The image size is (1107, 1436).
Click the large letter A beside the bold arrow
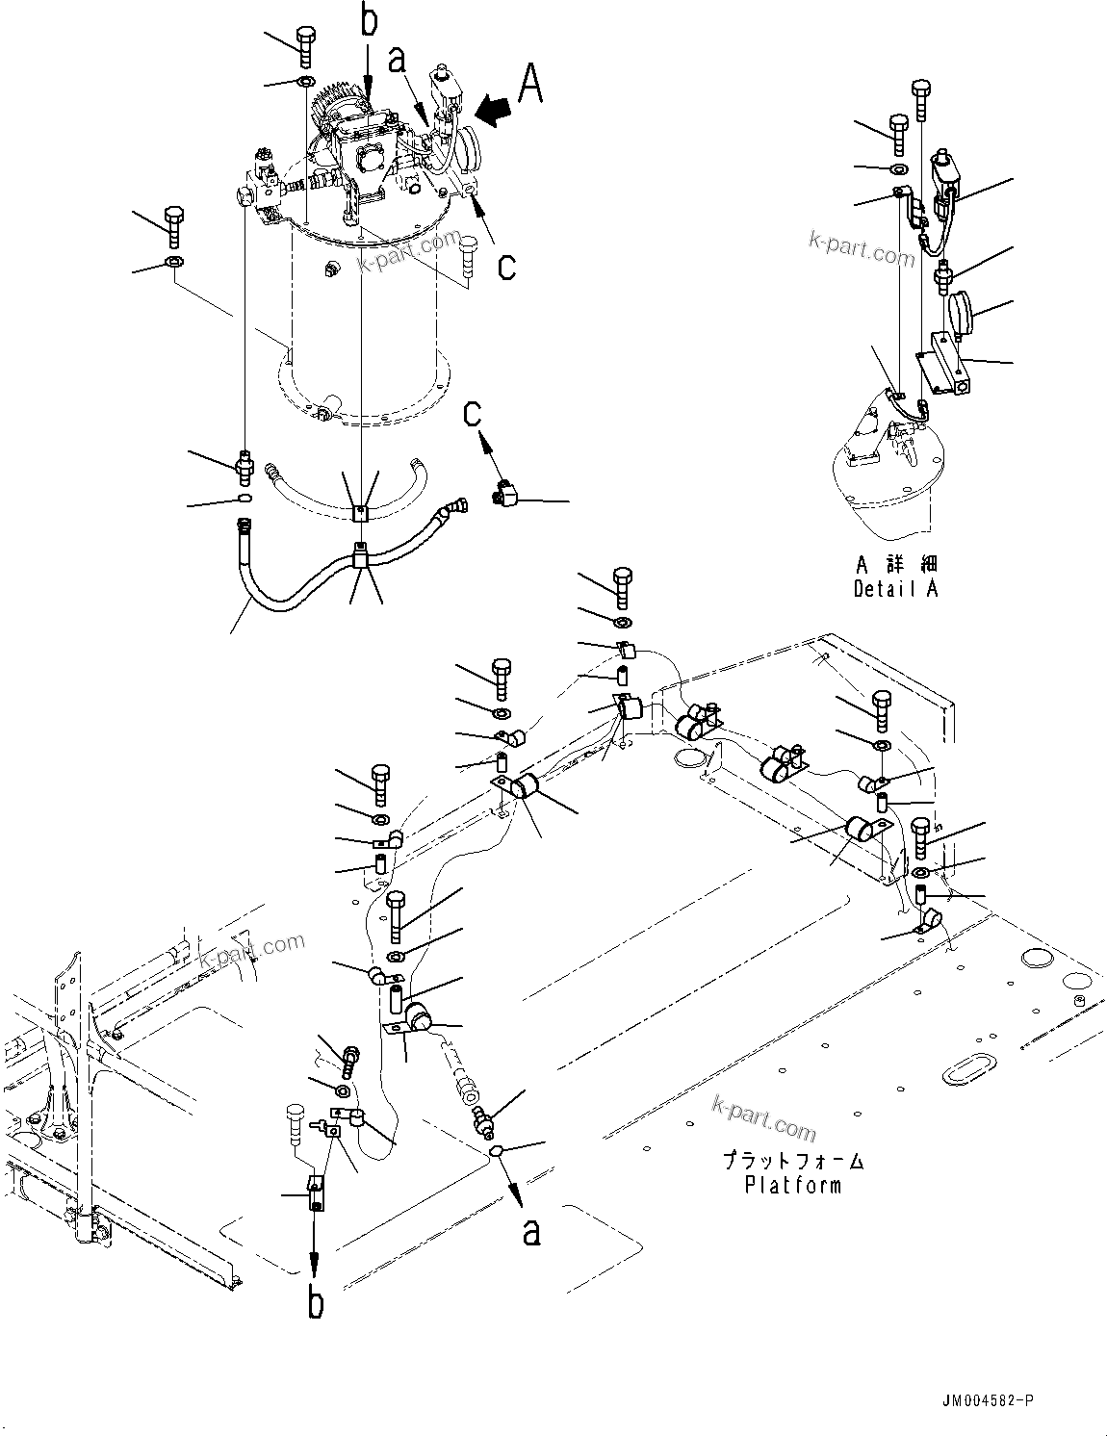(x=529, y=83)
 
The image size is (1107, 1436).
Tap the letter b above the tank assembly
(x=369, y=21)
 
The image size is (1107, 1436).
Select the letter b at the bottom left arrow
(x=316, y=1303)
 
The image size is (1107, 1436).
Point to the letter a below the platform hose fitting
(x=530, y=1231)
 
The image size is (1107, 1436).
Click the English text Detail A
(x=895, y=588)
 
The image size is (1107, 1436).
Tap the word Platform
(x=792, y=1185)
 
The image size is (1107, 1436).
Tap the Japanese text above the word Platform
(x=793, y=1162)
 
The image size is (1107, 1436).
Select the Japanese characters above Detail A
(x=895, y=564)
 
